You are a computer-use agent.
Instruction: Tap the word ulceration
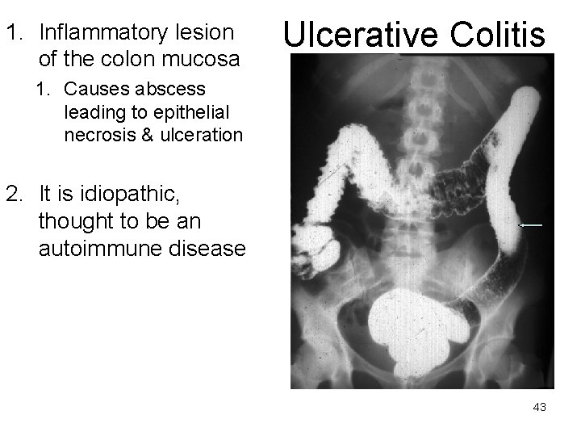point(203,135)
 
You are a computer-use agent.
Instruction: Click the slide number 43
point(540,408)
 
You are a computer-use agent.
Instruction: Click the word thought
point(74,223)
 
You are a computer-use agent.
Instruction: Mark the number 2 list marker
point(13,195)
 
